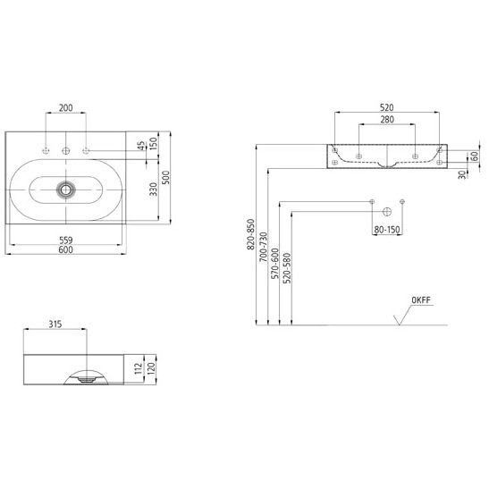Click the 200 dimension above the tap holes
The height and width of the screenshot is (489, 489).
(x=66, y=108)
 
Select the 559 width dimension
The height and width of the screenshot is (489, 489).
(x=66, y=240)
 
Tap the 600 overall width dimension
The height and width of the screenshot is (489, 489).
(x=66, y=249)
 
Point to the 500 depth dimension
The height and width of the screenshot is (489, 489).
(x=166, y=177)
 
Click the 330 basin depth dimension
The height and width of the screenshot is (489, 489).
(x=153, y=190)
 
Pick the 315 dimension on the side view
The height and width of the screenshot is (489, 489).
(x=55, y=325)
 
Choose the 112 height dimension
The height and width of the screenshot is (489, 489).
(x=139, y=368)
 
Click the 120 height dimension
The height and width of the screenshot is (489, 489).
(x=151, y=368)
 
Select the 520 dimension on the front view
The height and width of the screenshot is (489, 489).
(x=387, y=107)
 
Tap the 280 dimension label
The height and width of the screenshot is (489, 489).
(x=387, y=120)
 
